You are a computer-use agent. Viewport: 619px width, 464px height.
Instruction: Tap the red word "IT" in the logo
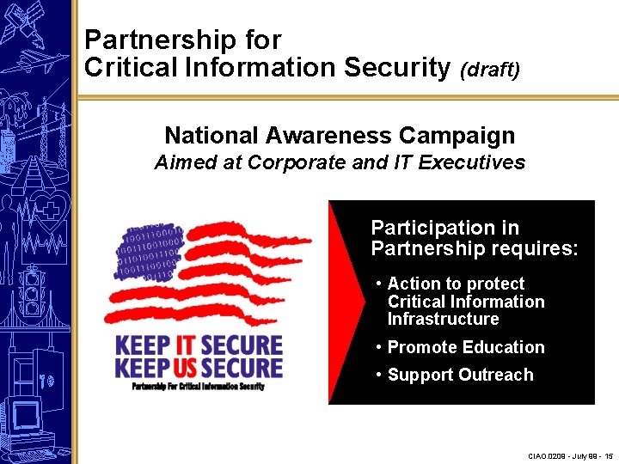[x=185, y=345]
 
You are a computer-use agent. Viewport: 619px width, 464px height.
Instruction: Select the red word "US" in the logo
[x=188, y=368]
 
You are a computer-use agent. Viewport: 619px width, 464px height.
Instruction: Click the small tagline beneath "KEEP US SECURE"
[x=197, y=386]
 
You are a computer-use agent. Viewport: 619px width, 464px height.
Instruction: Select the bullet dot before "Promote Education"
[x=379, y=347]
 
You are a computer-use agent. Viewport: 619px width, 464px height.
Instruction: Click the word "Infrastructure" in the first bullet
[x=443, y=319]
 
